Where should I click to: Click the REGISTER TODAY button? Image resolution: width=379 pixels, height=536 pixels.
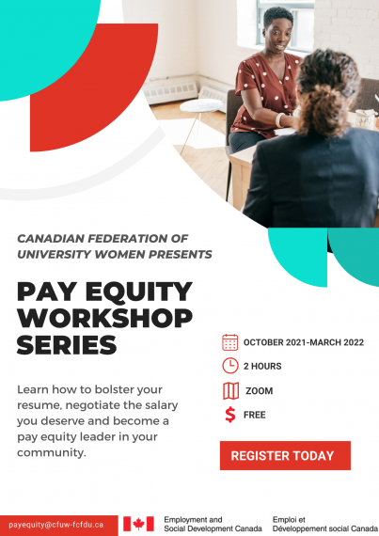click(285, 455)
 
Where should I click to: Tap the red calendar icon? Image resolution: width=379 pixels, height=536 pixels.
click(230, 342)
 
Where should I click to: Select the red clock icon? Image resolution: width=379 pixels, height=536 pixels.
click(230, 366)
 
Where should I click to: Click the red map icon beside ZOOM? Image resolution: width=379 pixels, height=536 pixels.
click(231, 391)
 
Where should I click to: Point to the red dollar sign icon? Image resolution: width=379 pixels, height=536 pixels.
click(230, 415)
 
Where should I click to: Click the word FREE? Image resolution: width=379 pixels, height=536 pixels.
click(255, 415)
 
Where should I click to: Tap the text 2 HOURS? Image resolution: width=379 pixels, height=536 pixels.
click(262, 366)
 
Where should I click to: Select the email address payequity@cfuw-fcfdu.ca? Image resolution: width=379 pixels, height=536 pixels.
click(56, 525)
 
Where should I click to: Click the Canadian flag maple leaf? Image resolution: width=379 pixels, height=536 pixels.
click(138, 524)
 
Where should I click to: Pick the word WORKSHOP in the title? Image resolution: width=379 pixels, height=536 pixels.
click(104, 318)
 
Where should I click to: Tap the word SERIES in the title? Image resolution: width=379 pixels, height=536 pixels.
click(67, 344)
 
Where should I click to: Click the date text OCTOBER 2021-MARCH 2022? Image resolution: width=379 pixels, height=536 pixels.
click(304, 342)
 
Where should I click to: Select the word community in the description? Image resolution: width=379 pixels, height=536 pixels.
click(52, 452)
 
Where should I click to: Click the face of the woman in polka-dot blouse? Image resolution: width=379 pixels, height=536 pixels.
click(276, 35)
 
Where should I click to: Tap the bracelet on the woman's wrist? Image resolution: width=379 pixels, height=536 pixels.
click(279, 120)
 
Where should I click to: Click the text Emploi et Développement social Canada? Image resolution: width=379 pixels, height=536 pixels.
click(325, 525)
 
